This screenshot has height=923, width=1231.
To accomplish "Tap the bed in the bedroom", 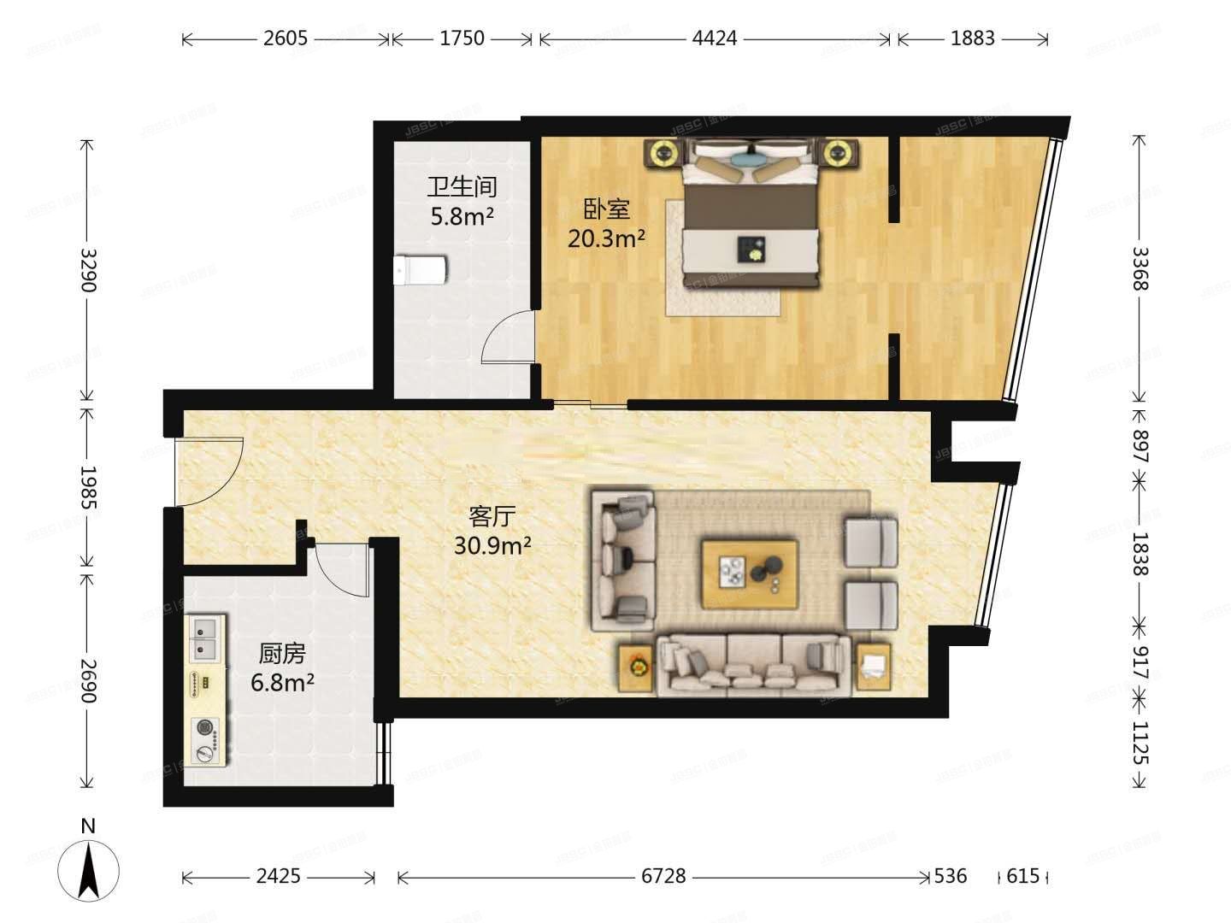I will pos(750,218).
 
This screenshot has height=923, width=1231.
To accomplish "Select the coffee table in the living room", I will pos(750,573).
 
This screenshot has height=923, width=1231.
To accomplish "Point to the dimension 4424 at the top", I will pos(715,38).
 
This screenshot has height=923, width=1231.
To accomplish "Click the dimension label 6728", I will pos(663,876).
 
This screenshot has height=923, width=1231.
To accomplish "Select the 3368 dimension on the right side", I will pos(1139,269).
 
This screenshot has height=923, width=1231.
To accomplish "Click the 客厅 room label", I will pos(492,516).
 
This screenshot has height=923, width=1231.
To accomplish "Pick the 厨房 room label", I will pos(282,654).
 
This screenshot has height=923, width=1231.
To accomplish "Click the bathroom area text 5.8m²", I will pos(462,216).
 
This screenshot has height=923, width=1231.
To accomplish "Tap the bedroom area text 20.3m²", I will pos(606,238).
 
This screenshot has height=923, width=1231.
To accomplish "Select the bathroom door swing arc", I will pos(509,337).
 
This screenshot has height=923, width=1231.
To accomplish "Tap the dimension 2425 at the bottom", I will pos(278,876).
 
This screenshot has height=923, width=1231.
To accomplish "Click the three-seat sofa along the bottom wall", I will pos(752,664).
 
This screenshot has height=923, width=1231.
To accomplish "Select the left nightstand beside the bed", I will pos(663,154).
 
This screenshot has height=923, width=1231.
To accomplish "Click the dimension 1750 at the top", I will pos(462,38).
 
